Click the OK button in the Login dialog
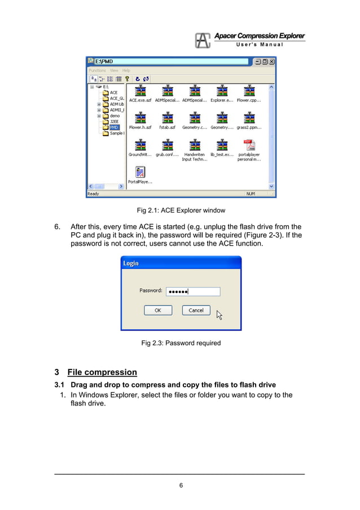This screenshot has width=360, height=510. [158, 310]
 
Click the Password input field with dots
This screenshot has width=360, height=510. [192, 291]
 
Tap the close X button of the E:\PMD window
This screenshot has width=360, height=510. [272, 61]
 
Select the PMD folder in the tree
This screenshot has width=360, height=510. [114, 127]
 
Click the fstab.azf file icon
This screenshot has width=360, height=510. [168, 118]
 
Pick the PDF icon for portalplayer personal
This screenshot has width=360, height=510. [249, 145]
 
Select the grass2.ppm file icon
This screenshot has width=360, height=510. [249, 118]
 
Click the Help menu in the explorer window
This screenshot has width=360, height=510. [126, 71]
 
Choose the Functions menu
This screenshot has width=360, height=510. [98, 71]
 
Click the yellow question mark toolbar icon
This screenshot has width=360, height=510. [128, 79]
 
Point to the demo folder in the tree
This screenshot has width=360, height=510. [114, 115]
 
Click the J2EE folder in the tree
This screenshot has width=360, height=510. [114, 121]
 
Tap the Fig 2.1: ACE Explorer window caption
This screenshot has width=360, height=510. [181, 211]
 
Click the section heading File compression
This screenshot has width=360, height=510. [102, 372]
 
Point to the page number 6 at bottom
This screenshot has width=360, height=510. [181, 485]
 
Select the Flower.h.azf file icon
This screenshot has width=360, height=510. [140, 118]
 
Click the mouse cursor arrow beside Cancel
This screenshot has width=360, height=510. [219, 315]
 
